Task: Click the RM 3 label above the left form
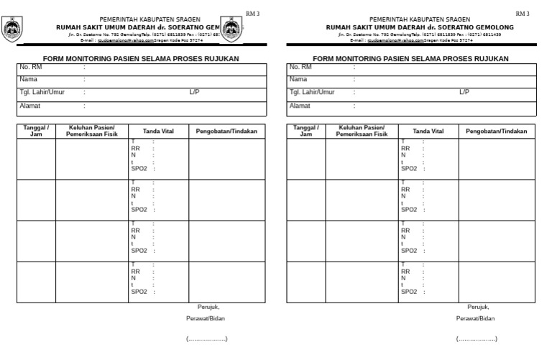pos(252,14)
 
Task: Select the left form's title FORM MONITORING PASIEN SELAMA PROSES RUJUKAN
pos(141,58)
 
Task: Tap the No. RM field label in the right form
pos(300,67)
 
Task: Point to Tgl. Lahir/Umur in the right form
pos(312,92)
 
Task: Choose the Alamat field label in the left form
pos(29,106)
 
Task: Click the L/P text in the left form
pos(194,92)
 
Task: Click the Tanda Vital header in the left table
pos(158,131)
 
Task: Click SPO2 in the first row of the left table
pos(139,168)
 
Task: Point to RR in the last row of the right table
pos(405,272)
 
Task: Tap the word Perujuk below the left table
pos(208,307)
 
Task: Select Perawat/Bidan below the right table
pos(475,318)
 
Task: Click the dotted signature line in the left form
pos(206,338)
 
